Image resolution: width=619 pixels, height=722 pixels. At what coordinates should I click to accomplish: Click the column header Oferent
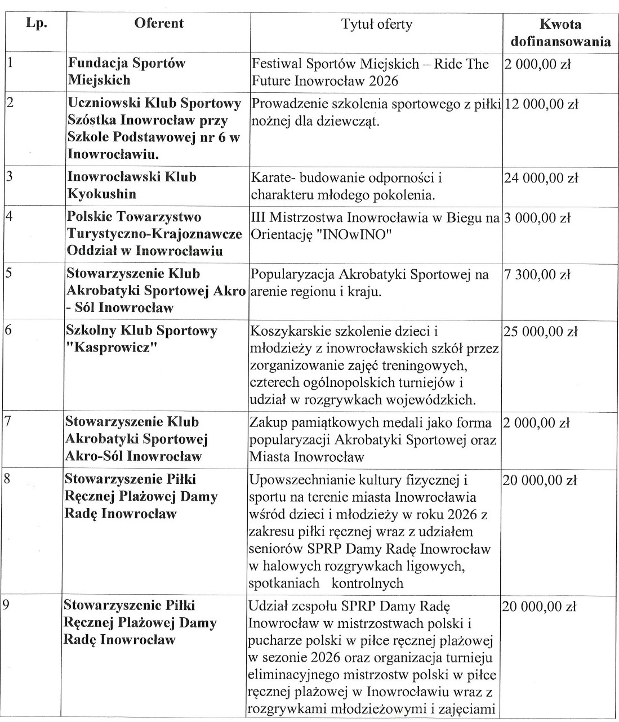(159, 24)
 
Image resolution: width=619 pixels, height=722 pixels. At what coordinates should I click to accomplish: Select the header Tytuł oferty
(377, 24)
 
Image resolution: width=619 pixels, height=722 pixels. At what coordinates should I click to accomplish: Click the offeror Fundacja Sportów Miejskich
(126, 72)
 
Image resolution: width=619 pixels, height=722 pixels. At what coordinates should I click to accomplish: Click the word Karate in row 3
(270, 178)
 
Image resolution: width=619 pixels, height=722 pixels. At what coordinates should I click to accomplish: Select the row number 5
(8, 274)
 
